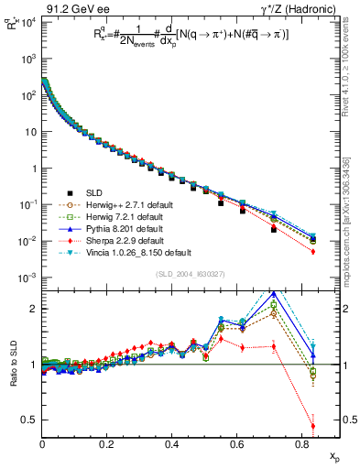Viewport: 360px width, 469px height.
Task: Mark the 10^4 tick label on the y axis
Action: (27, 21)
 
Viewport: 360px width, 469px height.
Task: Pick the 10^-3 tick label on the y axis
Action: (27, 278)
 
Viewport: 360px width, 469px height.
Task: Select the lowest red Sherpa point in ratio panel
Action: (313, 426)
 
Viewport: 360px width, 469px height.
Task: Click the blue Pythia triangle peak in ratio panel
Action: (274, 294)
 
